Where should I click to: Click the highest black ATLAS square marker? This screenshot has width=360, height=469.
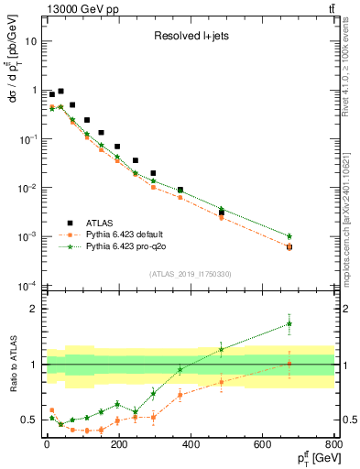coord(60,92)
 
